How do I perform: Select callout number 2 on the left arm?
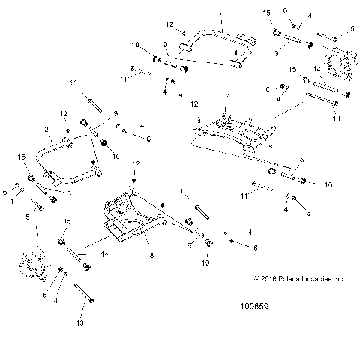pyautogui.click(x=47, y=129)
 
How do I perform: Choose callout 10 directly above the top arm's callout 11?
pyautogui.click(x=135, y=46)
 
